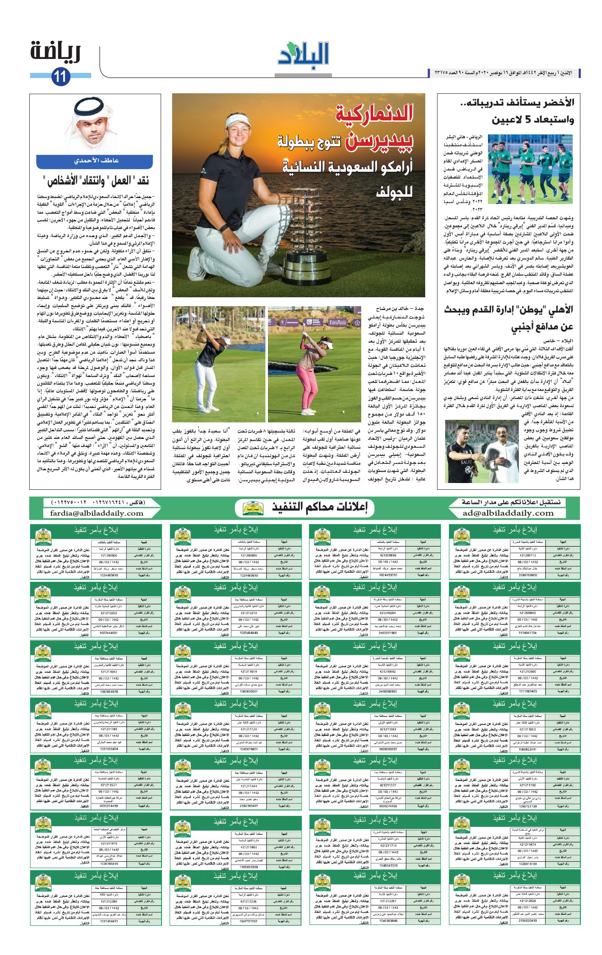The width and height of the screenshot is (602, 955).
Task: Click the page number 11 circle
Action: pyautogui.click(x=61, y=77)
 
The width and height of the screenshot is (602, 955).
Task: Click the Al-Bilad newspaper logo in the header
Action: pyautogui.click(x=304, y=54)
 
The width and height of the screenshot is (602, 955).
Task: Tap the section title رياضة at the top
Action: pyautogui.click(x=55, y=52)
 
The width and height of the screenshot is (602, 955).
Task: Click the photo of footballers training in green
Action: pyautogui.click(x=530, y=169)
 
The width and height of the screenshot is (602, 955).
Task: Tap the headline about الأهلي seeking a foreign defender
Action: pyautogui.click(x=509, y=318)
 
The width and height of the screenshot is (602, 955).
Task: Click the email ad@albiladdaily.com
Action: pyautogui.click(x=508, y=513)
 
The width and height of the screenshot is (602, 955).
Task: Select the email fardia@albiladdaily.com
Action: pyautogui.click(x=97, y=513)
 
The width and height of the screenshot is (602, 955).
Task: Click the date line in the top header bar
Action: pyautogui.click(x=503, y=73)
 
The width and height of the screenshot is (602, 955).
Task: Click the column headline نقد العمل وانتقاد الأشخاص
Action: pyautogui.click(x=96, y=182)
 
